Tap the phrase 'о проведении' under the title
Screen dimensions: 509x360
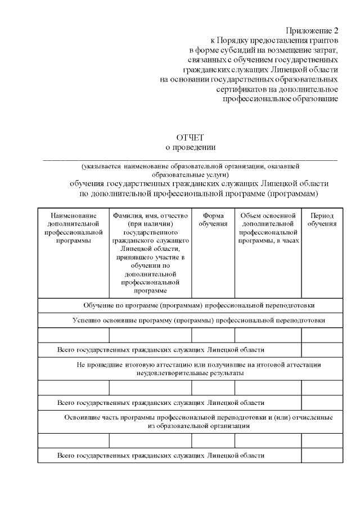pos(190,147)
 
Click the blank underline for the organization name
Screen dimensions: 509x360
pos(190,159)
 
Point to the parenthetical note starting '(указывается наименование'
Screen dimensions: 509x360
pos(190,170)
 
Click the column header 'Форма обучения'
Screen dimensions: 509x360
pos(213,219)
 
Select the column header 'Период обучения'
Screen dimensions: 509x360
pos(322,219)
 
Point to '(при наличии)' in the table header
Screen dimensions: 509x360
pos(150,224)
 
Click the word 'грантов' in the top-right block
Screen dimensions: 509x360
pos(323,40)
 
